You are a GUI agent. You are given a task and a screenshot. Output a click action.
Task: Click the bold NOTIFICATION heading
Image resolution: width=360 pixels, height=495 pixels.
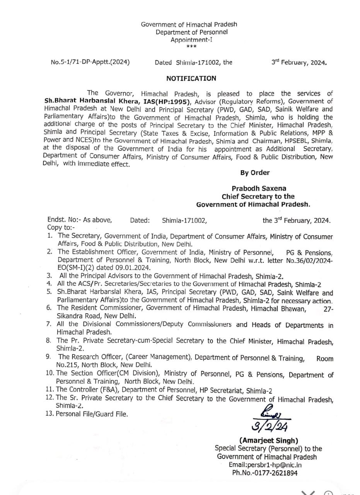click(191, 78)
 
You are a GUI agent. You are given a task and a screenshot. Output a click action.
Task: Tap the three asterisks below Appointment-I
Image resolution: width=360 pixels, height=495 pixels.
click(191, 47)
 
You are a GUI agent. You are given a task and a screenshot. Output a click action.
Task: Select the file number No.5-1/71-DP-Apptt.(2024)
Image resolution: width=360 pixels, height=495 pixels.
click(90, 62)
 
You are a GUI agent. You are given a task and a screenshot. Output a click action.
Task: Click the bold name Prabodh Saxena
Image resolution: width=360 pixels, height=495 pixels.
click(259, 188)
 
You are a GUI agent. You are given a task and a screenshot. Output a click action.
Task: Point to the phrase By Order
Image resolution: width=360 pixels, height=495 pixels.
click(255, 172)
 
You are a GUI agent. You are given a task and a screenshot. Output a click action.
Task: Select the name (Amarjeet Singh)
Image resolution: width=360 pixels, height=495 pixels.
click(269, 440)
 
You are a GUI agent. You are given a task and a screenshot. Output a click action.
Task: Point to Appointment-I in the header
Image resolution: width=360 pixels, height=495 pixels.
click(191, 39)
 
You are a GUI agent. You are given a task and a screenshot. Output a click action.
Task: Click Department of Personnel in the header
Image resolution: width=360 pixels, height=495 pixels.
click(191, 32)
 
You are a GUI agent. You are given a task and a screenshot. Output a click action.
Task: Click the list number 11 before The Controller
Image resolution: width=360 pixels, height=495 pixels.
click(50, 391)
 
